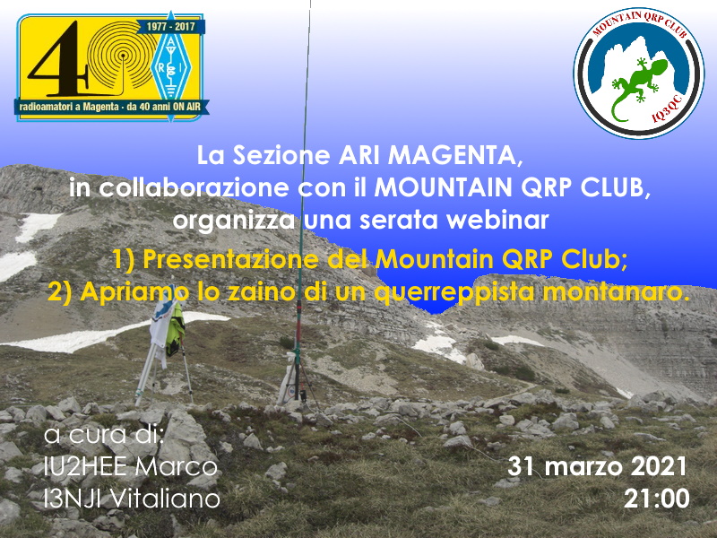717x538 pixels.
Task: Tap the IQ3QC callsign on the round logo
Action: coord(669,109)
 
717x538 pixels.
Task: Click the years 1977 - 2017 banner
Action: coord(170,27)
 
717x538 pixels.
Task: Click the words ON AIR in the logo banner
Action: coord(187,107)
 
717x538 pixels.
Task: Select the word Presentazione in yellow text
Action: coord(231,259)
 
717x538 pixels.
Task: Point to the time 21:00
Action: coord(657,499)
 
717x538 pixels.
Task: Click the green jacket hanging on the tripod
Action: coord(176,329)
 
